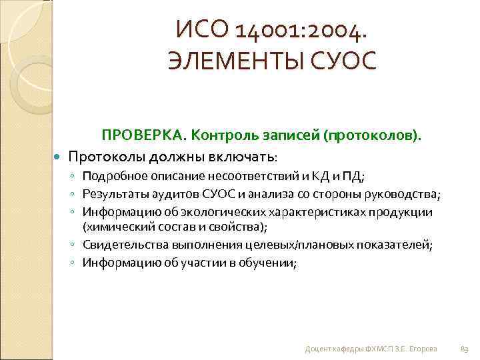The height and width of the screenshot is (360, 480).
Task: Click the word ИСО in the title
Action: pyautogui.click(x=197, y=29)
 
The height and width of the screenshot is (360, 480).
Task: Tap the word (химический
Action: pyautogui.click(x=113, y=227)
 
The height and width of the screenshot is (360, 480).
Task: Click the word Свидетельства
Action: pyautogui.click(x=121, y=245)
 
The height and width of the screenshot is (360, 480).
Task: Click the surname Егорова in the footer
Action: pyautogui.click(x=425, y=349)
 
